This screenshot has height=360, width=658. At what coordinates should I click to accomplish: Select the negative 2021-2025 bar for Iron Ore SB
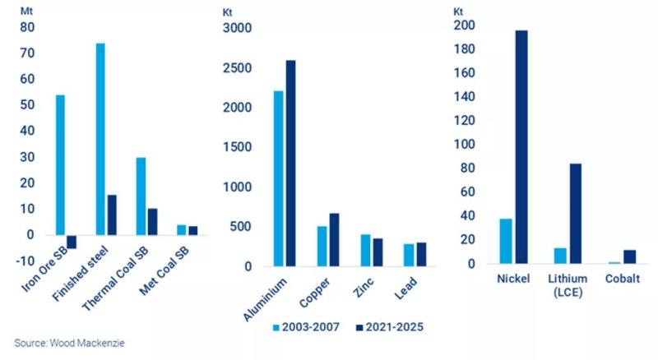[71, 242]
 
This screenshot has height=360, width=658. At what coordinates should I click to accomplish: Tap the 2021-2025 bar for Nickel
[521, 147]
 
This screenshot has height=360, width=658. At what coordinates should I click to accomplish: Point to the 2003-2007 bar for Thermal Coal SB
[141, 196]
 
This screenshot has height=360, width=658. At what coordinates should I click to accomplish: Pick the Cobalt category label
[623, 279]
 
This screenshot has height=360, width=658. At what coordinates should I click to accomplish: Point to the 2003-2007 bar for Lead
[410, 255]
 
